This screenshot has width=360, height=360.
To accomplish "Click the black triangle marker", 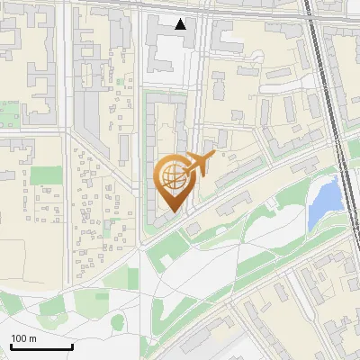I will tap(181, 24).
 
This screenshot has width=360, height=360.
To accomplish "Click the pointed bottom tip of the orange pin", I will tap(171, 212).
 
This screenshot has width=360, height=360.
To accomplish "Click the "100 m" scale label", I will tap(23, 338).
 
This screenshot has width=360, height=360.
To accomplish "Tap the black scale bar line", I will tap(41, 347).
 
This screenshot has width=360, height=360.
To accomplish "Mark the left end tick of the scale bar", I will tap(11, 346).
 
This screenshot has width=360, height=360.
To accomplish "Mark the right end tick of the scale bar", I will tap(72, 346).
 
